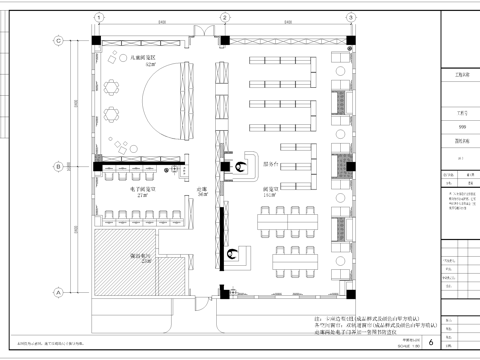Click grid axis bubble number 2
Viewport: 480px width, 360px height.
(x=212, y=17)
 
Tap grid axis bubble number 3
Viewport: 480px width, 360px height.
(x=352, y=17)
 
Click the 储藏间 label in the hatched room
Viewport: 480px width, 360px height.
(x=131, y=254)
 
